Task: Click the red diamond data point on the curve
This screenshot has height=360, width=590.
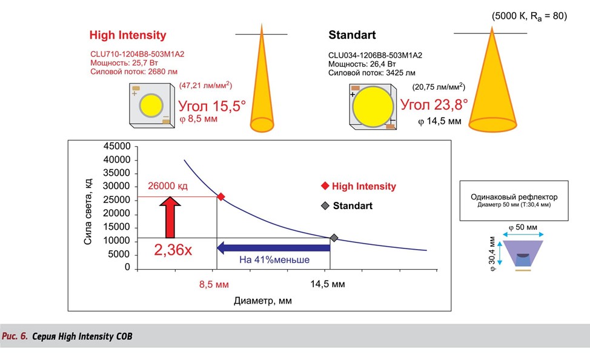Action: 221,196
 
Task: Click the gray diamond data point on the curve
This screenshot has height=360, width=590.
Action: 333,238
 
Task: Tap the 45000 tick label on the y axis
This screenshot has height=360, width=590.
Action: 118,147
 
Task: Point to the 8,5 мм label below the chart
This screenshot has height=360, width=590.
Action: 215,284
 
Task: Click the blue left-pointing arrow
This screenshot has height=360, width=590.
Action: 273,247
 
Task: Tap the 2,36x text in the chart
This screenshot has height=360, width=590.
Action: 173,250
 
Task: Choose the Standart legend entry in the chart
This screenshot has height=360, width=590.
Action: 352,205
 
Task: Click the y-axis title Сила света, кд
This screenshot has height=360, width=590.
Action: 89,210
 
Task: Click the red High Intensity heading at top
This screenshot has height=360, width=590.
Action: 127,35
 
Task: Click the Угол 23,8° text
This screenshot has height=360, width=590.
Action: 434,104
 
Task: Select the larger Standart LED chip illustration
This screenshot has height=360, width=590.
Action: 372,105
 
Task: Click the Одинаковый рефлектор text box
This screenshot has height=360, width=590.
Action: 514,201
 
